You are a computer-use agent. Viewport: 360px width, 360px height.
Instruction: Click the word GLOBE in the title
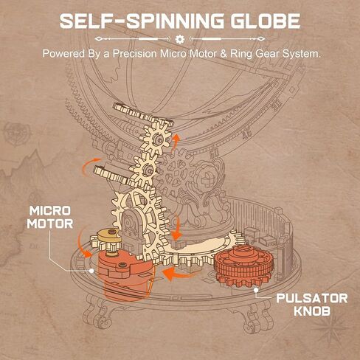point(266,21)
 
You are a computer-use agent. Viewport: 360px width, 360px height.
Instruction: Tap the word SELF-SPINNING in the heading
point(142,21)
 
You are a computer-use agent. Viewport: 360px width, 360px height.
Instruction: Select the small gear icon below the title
point(180,39)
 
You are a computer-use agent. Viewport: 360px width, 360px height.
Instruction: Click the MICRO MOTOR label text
point(50,218)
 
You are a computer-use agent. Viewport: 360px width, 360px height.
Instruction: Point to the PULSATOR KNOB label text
point(312,305)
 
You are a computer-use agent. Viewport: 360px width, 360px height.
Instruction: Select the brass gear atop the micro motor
point(109,235)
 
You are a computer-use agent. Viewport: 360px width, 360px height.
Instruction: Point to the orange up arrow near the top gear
point(175,142)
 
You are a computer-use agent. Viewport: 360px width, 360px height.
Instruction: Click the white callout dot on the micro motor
point(91,271)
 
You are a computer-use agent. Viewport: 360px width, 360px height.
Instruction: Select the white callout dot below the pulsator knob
point(256,290)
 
